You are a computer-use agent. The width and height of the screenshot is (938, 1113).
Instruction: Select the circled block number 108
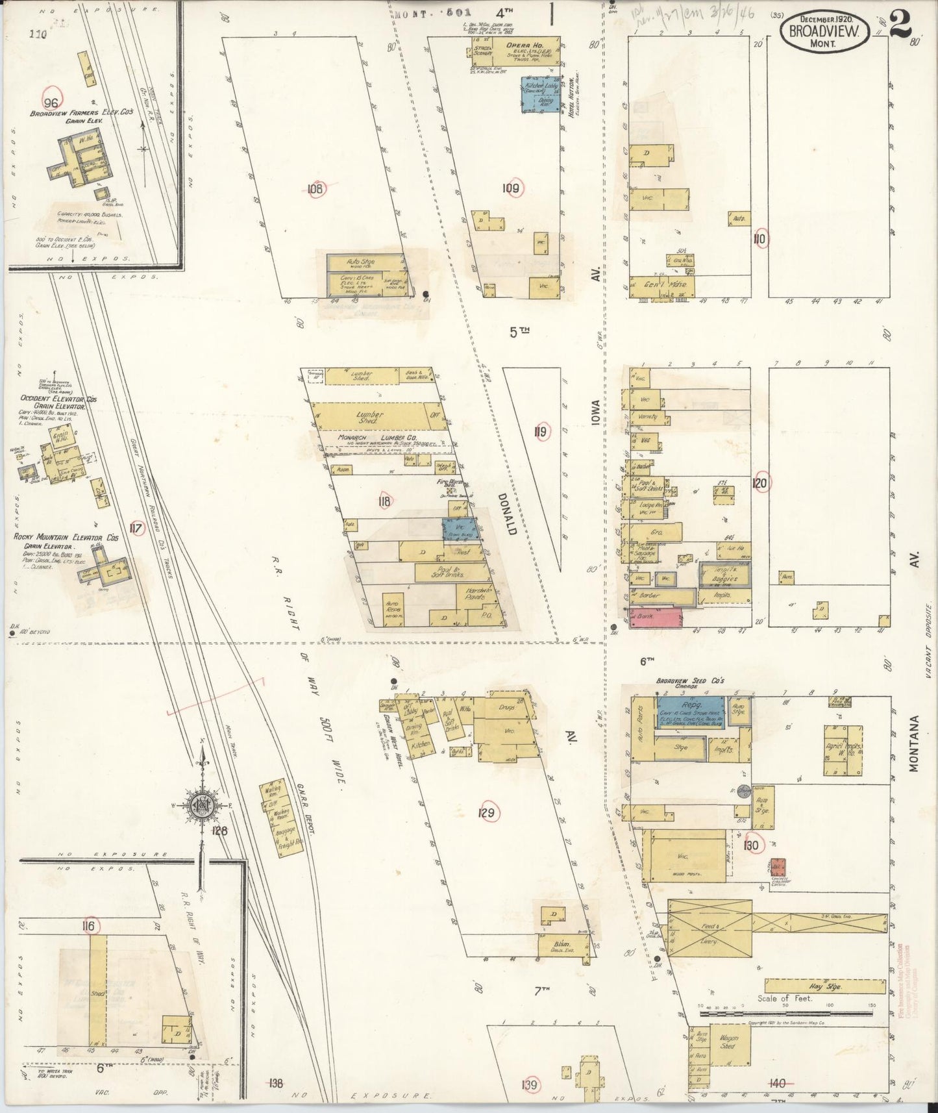pos(315,189)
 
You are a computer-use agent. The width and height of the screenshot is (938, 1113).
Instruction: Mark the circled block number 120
pos(759,483)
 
